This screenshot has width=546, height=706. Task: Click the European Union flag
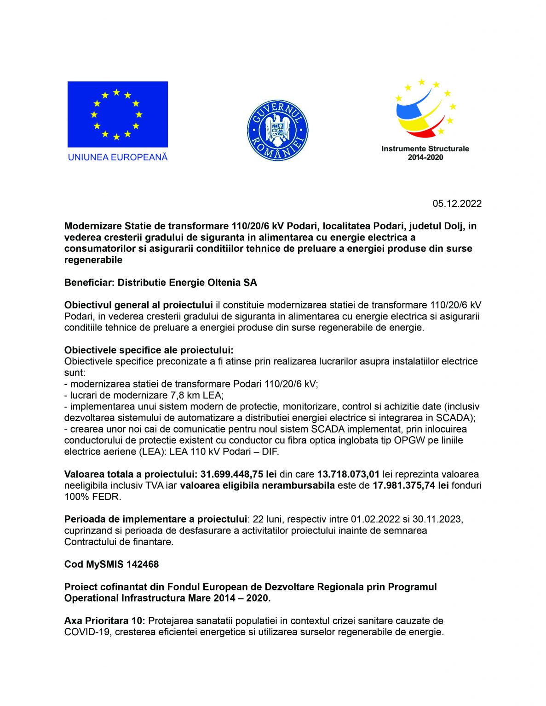[x=117, y=114]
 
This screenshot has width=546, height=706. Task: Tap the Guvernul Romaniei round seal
[x=277, y=131]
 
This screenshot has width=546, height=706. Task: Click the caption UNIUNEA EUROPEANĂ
[x=118, y=157]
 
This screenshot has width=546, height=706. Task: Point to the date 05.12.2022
[x=457, y=204]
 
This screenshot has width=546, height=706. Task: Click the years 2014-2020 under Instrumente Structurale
[x=425, y=157]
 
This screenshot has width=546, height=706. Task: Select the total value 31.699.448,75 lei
[x=238, y=474]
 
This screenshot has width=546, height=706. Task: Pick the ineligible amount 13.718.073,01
[x=348, y=474]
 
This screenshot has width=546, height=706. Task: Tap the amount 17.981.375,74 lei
[x=410, y=485]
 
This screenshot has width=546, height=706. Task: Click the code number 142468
[x=143, y=564]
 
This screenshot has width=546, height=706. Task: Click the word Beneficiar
[x=89, y=282]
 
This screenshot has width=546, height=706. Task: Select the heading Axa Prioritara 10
[x=104, y=621]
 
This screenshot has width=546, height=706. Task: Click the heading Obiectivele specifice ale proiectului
[x=149, y=350]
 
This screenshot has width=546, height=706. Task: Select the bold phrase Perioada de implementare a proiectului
[x=155, y=519]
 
